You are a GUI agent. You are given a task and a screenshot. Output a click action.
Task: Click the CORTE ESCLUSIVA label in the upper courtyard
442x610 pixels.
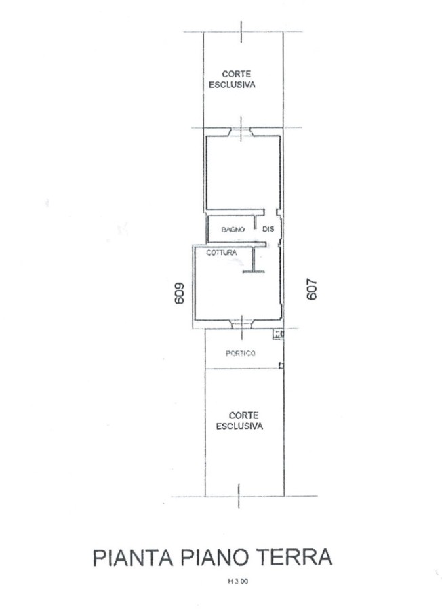click(232, 79)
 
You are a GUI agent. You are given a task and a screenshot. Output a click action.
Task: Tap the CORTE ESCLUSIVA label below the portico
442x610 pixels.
click(239, 421)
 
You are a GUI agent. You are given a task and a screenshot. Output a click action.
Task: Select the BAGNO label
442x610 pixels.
click(233, 230)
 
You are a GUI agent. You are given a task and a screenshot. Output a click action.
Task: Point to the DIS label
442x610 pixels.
click(268, 229)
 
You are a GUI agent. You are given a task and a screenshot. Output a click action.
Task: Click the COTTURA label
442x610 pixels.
click(222, 253)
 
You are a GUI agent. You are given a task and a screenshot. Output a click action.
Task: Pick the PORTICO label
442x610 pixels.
click(241, 353)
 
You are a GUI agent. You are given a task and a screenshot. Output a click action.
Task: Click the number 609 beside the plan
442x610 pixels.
click(180, 293)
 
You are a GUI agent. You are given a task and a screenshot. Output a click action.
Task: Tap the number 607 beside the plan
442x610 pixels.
click(312, 290)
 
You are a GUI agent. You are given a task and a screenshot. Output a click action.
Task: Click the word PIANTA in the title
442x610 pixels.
click(133, 558)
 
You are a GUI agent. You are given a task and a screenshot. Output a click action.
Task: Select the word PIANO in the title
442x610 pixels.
click(214, 558)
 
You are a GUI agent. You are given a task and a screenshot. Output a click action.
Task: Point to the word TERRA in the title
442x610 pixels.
click(295, 558)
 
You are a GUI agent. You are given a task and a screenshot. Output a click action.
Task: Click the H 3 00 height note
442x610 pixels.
click(238, 582)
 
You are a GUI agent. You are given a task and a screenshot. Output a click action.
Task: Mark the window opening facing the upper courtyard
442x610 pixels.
click(241, 132)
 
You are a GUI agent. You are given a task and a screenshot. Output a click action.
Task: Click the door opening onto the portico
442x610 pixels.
click(241, 324)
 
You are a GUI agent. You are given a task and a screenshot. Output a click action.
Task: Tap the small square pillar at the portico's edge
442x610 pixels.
click(281, 365)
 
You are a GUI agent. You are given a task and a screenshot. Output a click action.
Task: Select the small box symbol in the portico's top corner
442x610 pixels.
click(278, 333)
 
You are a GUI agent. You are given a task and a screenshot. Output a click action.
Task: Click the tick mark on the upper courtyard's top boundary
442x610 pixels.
click(241, 31)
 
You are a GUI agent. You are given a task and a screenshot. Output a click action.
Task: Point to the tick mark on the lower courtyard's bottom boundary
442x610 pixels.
click(239, 496)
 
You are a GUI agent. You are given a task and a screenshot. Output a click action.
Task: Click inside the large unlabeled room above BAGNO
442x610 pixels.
click(243, 173)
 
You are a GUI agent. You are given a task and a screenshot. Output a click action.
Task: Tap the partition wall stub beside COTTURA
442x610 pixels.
click(254, 259)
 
